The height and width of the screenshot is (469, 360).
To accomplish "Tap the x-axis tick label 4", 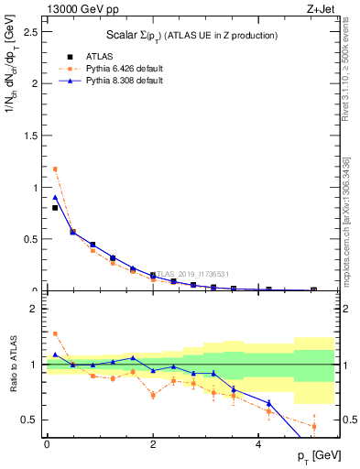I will point(260,444).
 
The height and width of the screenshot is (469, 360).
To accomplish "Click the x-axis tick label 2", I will point(153,444).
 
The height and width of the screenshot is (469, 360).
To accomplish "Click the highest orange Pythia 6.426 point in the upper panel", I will point(55,169).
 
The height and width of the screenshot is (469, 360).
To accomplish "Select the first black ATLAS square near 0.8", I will point(55,208).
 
